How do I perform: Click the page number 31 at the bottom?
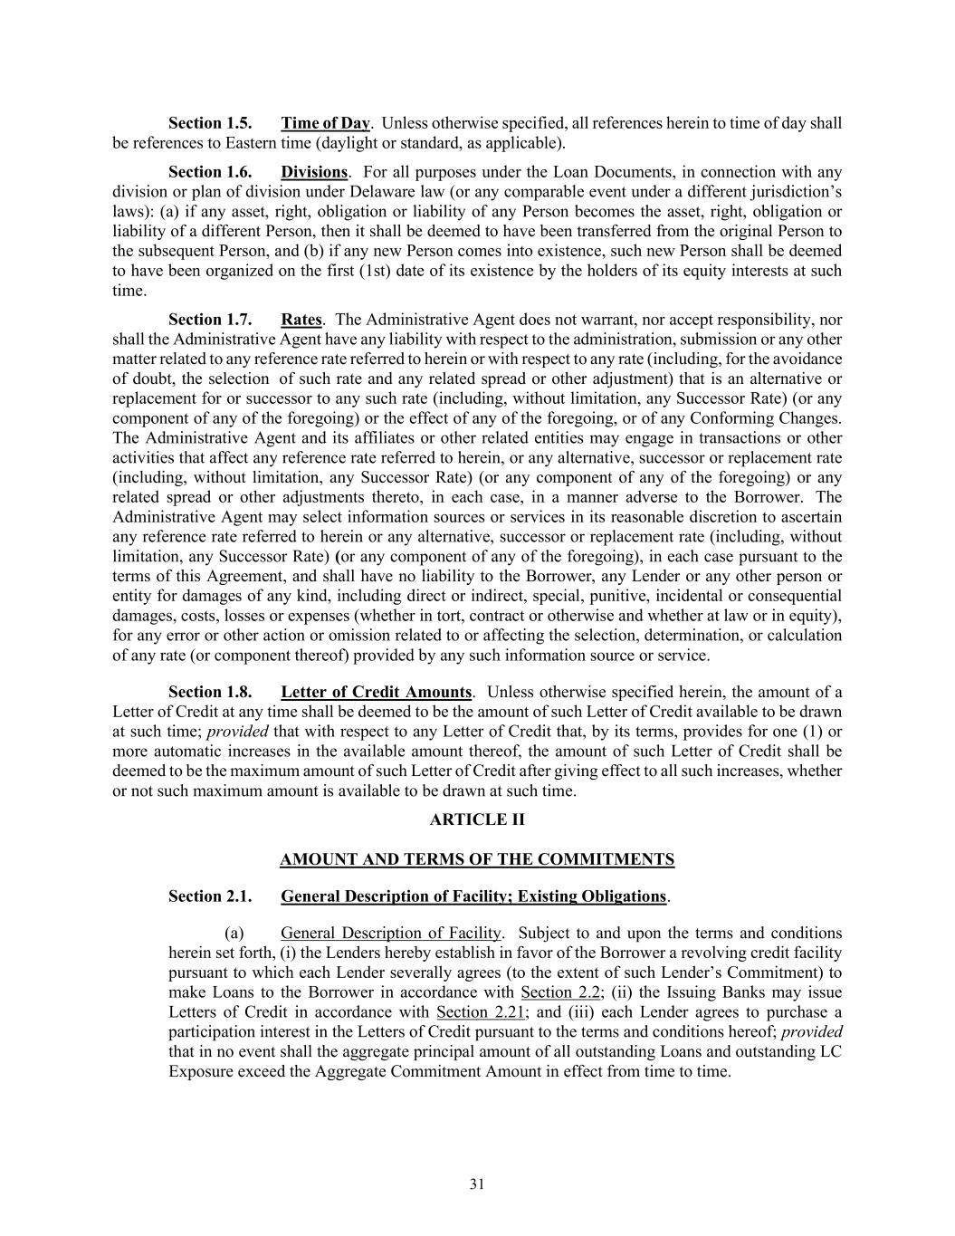[477, 1184]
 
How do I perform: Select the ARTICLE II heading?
[477, 819]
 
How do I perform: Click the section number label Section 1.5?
[210, 123]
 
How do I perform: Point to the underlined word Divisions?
[314, 172]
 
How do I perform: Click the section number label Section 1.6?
[210, 172]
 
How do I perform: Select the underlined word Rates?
[301, 320]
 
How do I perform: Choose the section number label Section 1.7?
[210, 320]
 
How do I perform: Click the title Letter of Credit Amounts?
[377, 693]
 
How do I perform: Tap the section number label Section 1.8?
[210, 693]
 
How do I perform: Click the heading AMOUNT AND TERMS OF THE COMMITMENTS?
[477, 859]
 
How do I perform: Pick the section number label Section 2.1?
[210, 896]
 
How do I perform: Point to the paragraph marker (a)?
[234, 934]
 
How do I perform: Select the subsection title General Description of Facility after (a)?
[391, 934]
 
